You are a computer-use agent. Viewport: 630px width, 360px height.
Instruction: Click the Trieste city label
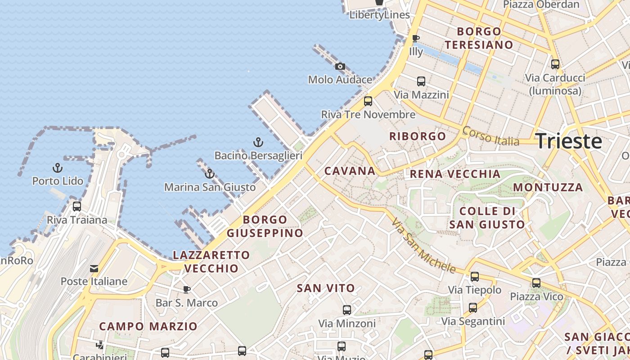pyautogui.click(x=569, y=141)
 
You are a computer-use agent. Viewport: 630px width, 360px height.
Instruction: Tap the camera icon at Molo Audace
pyautogui.click(x=340, y=67)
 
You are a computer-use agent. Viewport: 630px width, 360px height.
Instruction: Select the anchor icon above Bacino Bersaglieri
pyautogui.click(x=258, y=143)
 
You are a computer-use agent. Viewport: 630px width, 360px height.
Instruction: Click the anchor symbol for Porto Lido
pyautogui.click(x=58, y=168)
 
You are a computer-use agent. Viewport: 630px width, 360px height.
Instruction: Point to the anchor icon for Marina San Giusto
pyautogui.click(x=210, y=174)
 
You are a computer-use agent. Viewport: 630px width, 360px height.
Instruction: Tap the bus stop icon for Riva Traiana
pyautogui.click(x=77, y=207)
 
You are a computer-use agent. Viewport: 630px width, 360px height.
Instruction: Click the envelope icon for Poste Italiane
pyautogui.click(x=94, y=269)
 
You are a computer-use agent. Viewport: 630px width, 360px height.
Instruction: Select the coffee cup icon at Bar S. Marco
pyautogui.click(x=187, y=289)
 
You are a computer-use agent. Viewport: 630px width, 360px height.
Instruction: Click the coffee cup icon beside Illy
pyautogui.click(x=416, y=39)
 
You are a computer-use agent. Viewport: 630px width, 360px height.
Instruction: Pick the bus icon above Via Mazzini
pyautogui.click(x=421, y=81)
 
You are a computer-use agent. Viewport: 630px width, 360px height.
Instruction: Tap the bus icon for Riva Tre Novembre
pyautogui.click(x=368, y=101)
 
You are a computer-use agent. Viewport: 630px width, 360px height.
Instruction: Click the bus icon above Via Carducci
pyautogui.click(x=555, y=64)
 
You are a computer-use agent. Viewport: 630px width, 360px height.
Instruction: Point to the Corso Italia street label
pyautogui.click(x=490, y=136)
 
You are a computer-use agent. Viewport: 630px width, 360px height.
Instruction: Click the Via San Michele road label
pyautogui.click(x=423, y=246)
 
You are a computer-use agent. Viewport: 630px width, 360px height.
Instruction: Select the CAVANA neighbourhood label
pyautogui.click(x=350, y=171)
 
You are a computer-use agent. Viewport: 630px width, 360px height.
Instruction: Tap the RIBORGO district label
pyautogui.click(x=418, y=136)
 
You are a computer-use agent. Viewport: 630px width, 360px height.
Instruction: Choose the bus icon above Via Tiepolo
pyautogui.click(x=475, y=277)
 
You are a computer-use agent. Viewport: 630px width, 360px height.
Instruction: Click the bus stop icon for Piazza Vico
pyautogui.click(x=536, y=283)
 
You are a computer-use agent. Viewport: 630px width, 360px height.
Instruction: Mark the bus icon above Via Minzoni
pyautogui.click(x=346, y=310)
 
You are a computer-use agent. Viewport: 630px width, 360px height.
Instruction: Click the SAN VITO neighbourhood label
pyautogui.click(x=326, y=288)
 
